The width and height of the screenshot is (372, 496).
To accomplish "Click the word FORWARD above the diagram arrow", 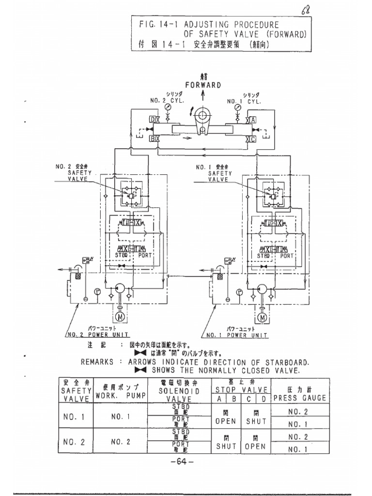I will pos(203,85).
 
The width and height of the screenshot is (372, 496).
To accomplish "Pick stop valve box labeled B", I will pos(153,139).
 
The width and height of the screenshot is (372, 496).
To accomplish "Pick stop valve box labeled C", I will pos(253,139).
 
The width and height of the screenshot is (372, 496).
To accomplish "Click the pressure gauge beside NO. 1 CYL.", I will pos(238,106).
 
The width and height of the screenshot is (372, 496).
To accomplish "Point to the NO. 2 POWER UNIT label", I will pos(90,335).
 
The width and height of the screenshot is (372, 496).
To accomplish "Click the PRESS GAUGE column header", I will pos(299,398).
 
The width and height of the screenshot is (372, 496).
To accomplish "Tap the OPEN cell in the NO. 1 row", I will pos(226,421).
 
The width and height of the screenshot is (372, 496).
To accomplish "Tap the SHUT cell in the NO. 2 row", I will pos(226,447).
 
